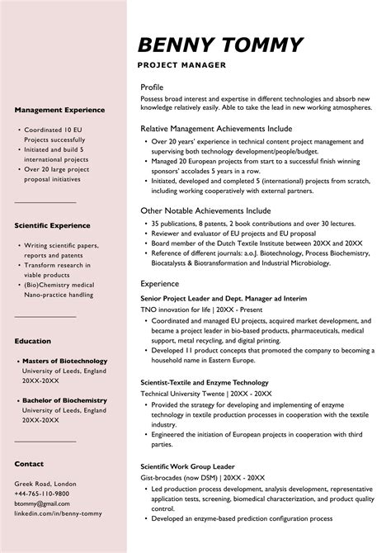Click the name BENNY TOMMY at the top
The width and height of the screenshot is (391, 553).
pyautogui.click(x=220, y=45)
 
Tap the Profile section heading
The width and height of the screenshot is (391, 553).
pyautogui.click(x=152, y=87)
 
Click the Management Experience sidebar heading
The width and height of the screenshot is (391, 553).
pyautogui.click(x=59, y=109)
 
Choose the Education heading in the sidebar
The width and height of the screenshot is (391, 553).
pyautogui.click(x=32, y=340)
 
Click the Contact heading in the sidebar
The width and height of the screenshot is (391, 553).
pyautogui.click(x=29, y=464)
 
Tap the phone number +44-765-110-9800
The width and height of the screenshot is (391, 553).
pyautogui.click(x=42, y=493)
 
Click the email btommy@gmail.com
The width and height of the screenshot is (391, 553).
pyautogui.click(x=42, y=503)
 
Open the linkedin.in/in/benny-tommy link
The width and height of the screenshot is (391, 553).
pyautogui.click(x=59, y=513)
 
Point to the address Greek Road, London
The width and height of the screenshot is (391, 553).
pyautogui.click(x=45, y=483)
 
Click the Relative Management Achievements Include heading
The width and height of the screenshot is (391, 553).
pyautogui.click(x=216, y=129)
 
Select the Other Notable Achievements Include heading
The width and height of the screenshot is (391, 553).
pyautogui.click(x=205, y=210)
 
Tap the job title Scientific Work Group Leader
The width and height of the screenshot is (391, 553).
pyautogui.click(x=188, y=466)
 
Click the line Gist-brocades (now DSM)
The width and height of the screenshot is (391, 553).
pyautogui.click(x=203, y=477)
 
